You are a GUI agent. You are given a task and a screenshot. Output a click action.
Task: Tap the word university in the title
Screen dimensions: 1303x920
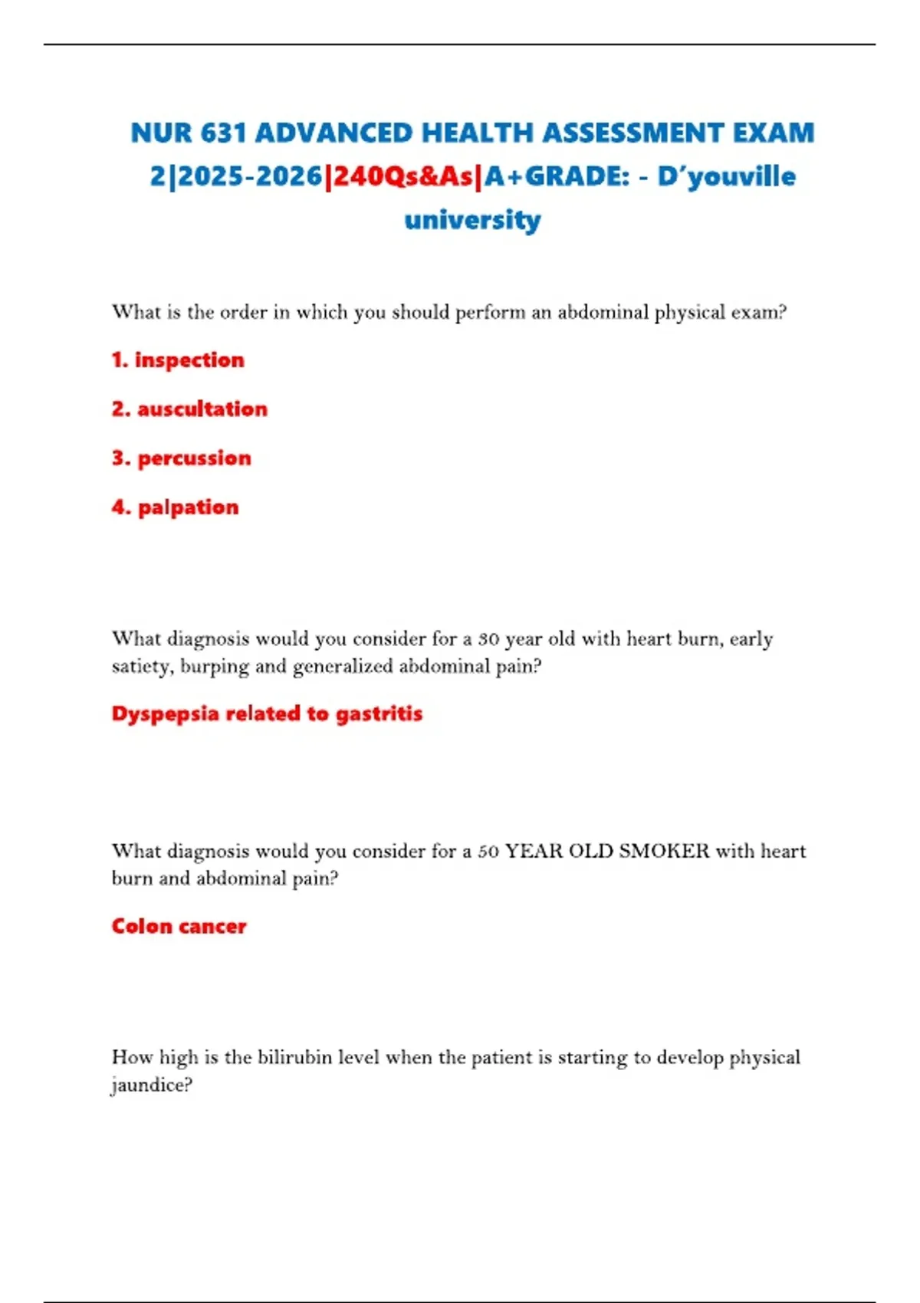(472, 220)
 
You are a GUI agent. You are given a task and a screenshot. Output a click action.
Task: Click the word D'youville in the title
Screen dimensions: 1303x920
(726, 176)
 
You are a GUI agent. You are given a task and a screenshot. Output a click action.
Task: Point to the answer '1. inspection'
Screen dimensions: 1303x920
(178, 359)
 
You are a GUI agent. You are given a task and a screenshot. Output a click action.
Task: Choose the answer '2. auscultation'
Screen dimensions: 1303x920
(189, 409)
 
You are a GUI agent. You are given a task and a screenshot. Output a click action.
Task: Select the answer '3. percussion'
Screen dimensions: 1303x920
(182, 458)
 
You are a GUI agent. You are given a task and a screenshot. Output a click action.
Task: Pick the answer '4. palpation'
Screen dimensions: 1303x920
(176, 507)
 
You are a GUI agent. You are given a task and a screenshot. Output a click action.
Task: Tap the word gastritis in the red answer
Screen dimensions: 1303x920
(379, 714)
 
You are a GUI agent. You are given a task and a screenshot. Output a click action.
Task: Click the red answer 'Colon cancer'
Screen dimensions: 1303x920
(179, 926)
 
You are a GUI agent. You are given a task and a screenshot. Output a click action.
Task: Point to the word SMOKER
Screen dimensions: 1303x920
(664, 851)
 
